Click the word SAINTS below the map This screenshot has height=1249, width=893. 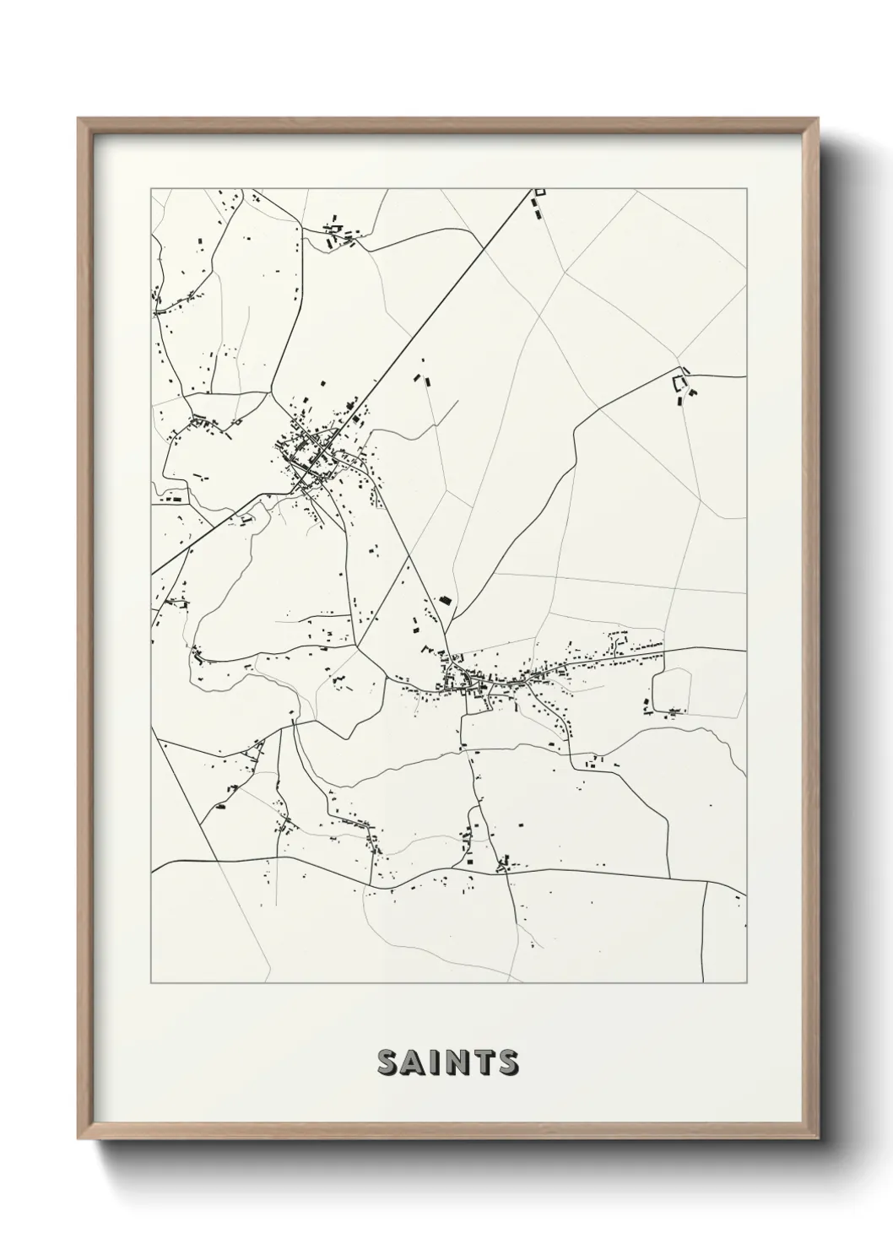coord(447,1062)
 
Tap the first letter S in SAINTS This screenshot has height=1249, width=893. coord(387,1062)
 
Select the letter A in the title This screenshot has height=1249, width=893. coord(414,1062)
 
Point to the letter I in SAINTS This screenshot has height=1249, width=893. coord(436,1062)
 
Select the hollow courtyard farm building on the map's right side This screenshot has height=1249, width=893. coord(679,383)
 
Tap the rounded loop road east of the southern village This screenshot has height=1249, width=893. coord(673,693)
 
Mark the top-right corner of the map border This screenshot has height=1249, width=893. coord(746,188)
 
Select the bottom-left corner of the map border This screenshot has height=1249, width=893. coord(151,983)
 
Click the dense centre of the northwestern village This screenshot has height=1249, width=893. coord(310,456)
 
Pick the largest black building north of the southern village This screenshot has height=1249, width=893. coord(445,600)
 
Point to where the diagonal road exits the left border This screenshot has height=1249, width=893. coord(152,575)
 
